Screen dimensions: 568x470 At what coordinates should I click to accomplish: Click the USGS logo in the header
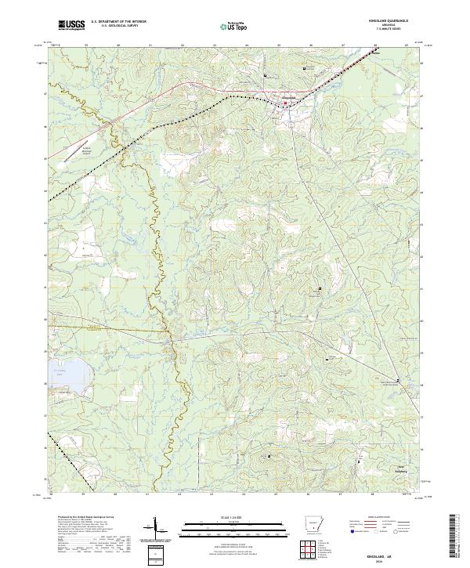pyautogui.click(x=71, y=25)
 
